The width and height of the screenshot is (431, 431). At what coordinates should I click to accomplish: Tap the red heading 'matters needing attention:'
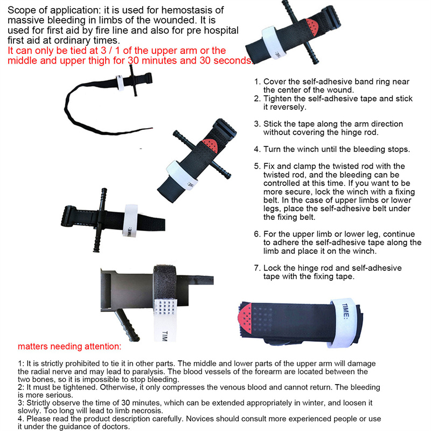69,346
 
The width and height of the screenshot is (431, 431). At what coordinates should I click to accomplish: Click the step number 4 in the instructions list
257,149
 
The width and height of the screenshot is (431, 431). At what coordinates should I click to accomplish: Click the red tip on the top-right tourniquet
311,26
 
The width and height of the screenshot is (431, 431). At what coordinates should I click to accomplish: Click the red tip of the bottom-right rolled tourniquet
246,319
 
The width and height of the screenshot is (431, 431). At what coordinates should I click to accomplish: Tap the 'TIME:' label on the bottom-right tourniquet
345,311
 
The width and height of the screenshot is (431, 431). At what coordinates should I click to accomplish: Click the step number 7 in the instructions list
257,268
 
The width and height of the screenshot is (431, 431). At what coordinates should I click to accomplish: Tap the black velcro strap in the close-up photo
165,282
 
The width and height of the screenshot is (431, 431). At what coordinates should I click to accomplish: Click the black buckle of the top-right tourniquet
331,17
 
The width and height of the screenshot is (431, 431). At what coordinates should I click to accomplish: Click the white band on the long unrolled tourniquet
120,83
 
